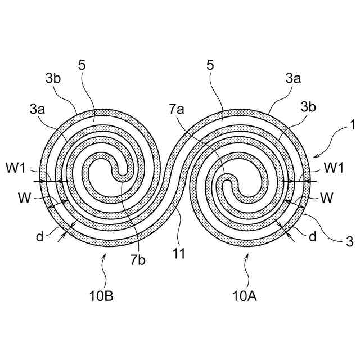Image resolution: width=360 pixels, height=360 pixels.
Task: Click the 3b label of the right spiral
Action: tap(308, 106)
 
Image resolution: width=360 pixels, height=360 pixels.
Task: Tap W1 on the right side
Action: tap(333, 168)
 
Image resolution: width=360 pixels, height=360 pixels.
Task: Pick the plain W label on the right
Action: tap(326, 198)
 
